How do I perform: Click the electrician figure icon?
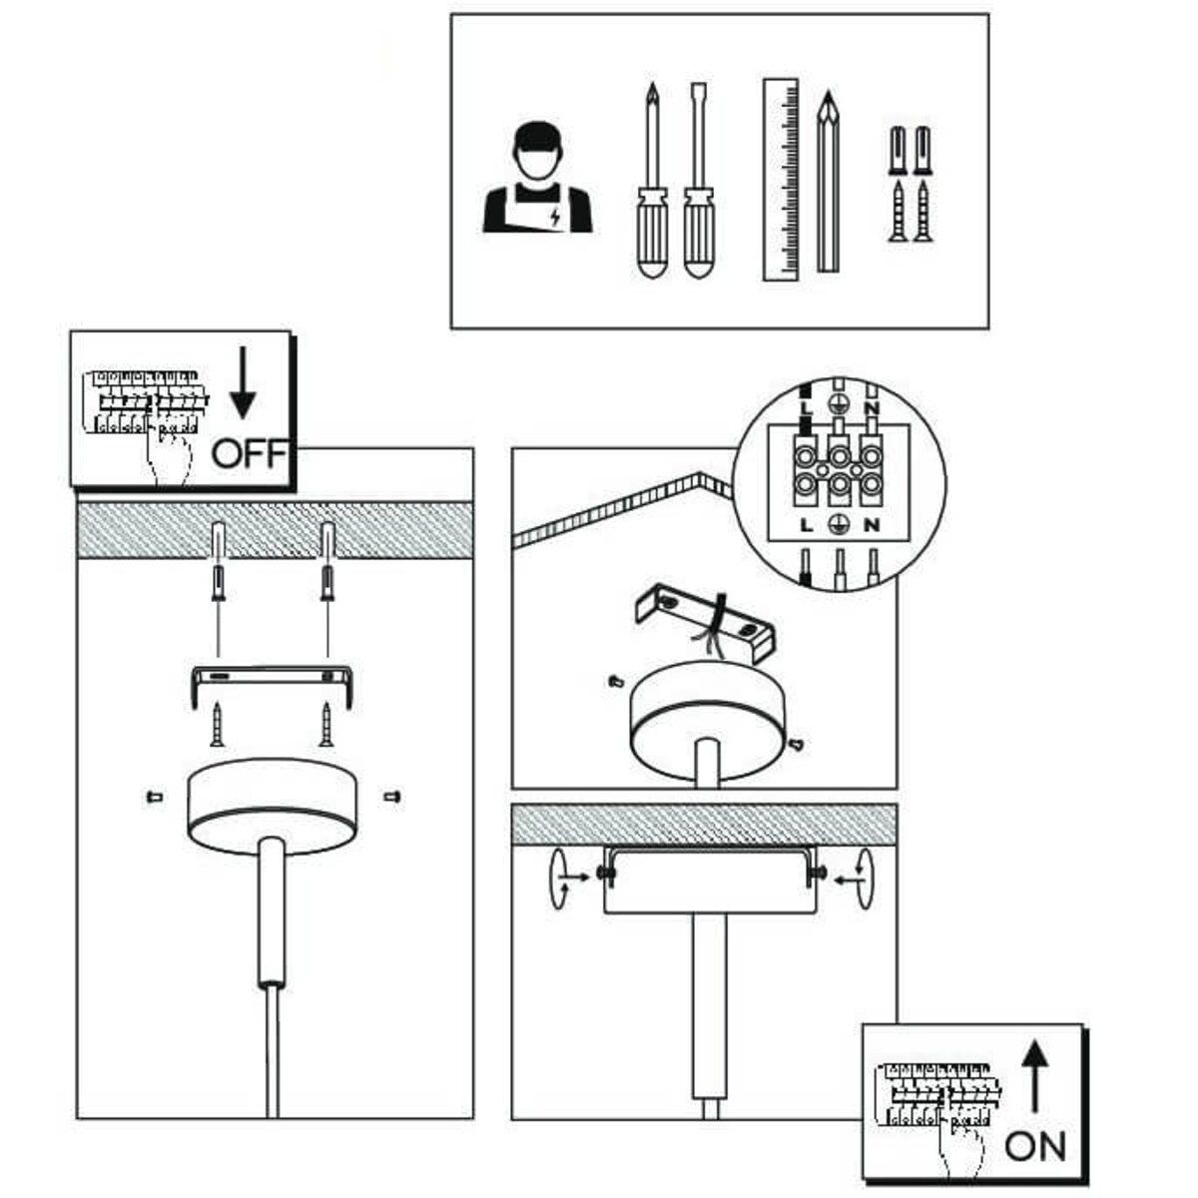[537, 180]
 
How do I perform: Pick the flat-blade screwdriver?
[698, 185]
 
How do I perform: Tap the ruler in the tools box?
[781, 180]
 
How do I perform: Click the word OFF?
[251, 454]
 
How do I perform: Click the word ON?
[1035, 1146]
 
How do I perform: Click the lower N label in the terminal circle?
[872, 525]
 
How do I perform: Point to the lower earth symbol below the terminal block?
[839, 525]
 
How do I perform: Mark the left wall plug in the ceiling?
[219, 543]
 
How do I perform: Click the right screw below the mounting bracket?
[325, 724]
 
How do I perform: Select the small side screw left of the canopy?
[154, 797]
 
